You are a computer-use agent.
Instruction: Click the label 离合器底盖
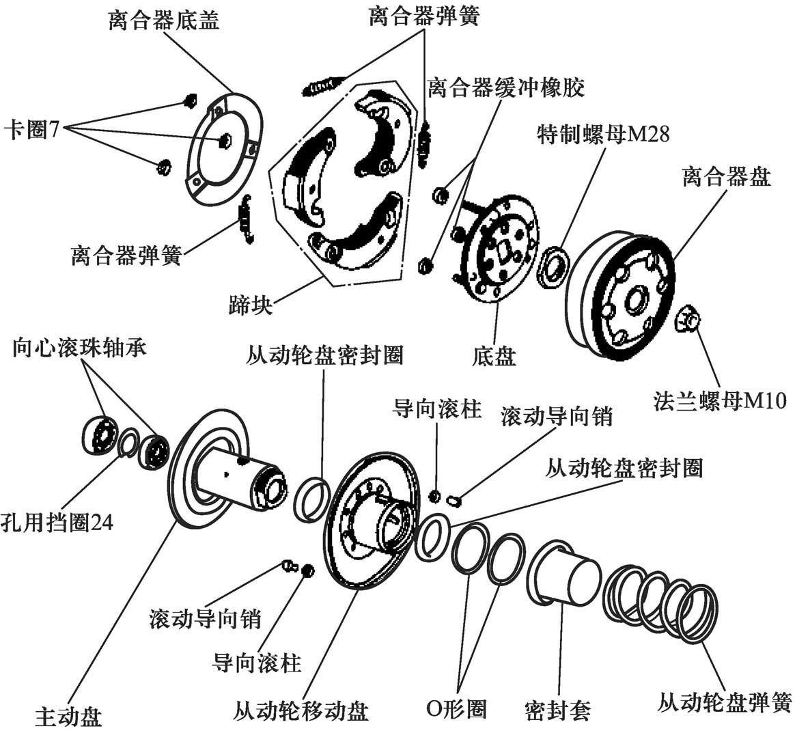pyautogui.click(x=164, y=21)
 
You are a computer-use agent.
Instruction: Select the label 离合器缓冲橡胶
pyautogui.click(x=506, y=87)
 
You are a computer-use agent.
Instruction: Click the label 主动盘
pyautogui.click(x=68, y=717)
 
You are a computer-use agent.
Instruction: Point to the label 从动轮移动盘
pyautogui.click(x=301, y=710)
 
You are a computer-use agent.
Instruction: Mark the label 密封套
pyautogui.click(x=558, y=710)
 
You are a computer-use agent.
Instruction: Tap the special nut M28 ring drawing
pyautogui.click(x=553, y=264)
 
